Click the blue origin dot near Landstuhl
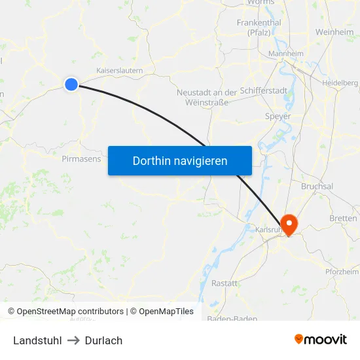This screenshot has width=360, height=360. coord(71,84)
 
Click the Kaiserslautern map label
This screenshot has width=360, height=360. coord(120,70)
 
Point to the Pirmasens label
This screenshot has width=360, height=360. coord(81,158)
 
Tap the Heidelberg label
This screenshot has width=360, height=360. coord(340,83)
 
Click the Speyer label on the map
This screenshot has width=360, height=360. coord(278,117)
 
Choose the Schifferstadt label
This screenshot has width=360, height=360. coord(264,91)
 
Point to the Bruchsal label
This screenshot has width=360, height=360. coord(317,186)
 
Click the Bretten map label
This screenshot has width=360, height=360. coord(344,218)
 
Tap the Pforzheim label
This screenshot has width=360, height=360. coord(342,272)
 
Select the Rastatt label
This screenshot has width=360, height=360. coord(225,283)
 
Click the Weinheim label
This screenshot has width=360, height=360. coord(334,32)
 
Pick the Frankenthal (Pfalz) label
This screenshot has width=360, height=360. coord(259,27)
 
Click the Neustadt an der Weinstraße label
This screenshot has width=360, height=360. coord(206,97)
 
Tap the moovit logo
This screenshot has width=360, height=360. coord(320,340)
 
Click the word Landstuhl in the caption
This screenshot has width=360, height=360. coord(37,340)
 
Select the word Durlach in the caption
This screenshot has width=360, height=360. coord(103,340)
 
